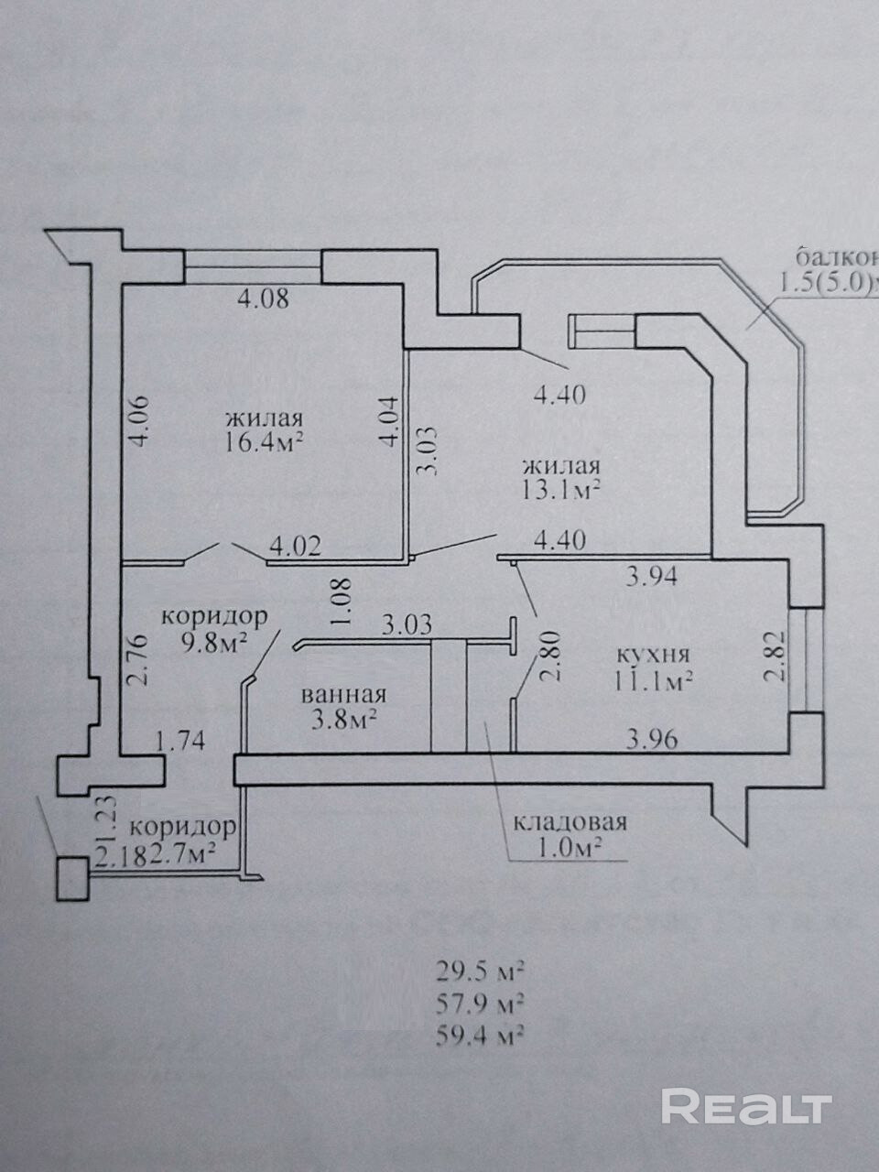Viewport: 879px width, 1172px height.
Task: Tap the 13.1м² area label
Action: point(560,488)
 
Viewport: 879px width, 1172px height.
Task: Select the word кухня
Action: point(652,656)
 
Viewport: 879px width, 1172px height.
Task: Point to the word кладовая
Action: point(570,820)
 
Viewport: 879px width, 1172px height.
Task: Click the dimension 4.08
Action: point(263,298)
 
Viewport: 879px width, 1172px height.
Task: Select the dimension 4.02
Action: point(295,547)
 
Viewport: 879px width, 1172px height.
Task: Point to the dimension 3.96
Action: point(651,739)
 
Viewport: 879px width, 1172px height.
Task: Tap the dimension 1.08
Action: point(342,602)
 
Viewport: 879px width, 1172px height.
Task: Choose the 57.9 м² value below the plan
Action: point(481,1003)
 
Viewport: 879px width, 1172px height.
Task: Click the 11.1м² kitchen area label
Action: point(652,681)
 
